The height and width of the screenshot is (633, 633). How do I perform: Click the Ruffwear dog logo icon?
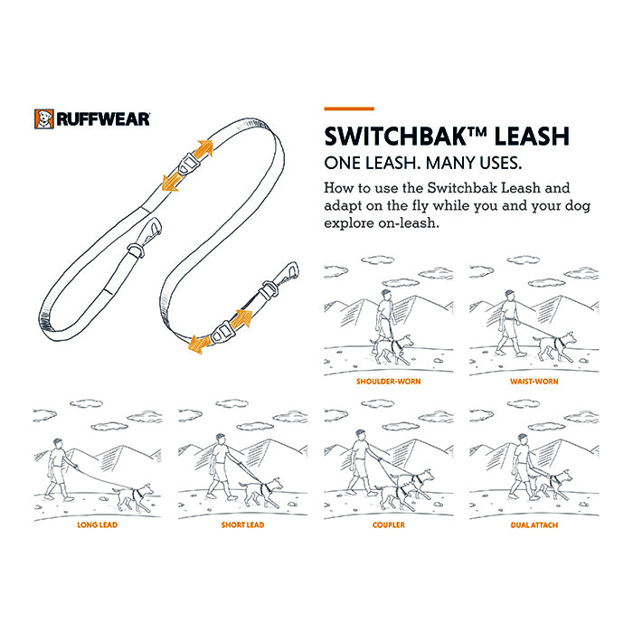[x=44, y=119]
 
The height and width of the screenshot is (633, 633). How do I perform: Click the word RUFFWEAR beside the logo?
[x=103, y=119]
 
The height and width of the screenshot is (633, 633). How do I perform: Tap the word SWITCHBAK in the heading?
[x=396, y=137]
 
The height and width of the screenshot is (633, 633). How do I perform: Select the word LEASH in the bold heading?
[x=532, y=137]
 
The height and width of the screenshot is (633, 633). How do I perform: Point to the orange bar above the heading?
[x=349, y=109]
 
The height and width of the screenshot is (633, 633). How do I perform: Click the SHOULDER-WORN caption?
[x=388, y=382]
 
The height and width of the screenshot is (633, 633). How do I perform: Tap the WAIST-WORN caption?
[x=534, y=382]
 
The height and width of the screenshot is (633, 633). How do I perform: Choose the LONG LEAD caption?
[x=98, y=524]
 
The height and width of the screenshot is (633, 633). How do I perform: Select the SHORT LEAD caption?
[x=242, y=524]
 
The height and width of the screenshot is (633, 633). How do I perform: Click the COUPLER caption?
[x=388, y=524]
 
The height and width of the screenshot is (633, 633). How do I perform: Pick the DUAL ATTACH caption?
[x=534, y=524]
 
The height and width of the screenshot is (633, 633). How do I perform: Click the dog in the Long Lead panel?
[x=133, y=496]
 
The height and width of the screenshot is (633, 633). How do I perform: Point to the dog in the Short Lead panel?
[x=260, y=492]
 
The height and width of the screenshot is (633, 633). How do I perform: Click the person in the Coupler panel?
[x=361, y=462]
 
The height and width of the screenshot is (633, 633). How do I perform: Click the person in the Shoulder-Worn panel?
[x=384, y=319]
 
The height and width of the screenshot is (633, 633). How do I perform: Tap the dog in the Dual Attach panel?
[x=552, y=485]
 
